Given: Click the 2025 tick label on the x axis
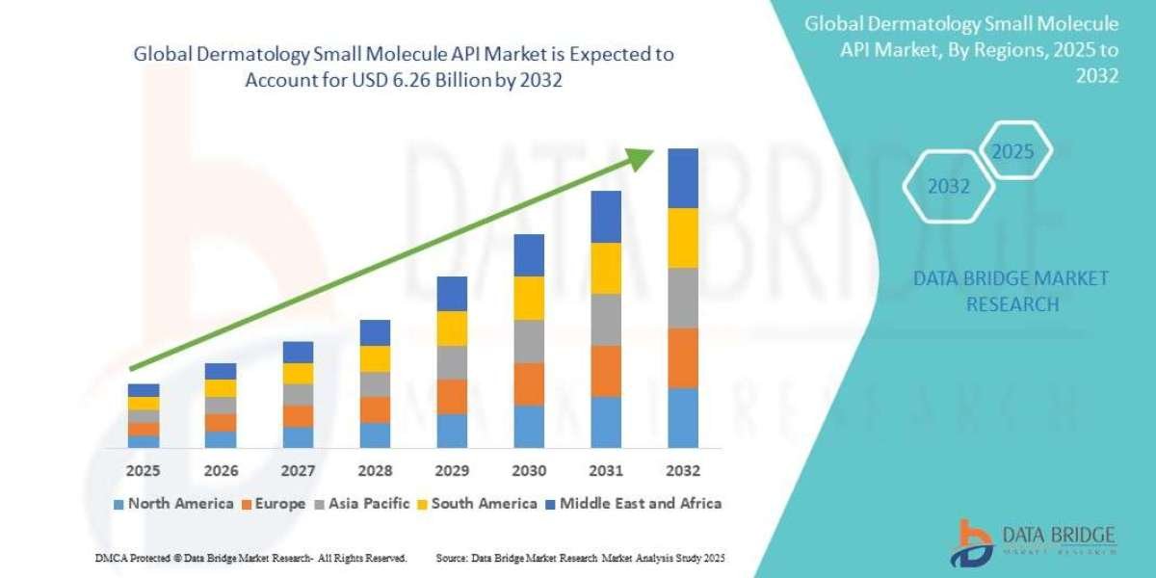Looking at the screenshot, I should coord(144,471).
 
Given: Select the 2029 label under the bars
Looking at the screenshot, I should coord(452,471).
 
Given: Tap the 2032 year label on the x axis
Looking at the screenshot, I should coord(682,471).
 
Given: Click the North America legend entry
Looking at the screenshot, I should coord(173,503).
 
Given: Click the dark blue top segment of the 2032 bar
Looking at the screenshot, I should coord(682,178).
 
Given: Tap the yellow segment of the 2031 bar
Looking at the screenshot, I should coord(606,268).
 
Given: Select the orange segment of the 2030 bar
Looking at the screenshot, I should coord(529,383).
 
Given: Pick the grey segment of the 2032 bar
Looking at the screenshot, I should coord(682,298).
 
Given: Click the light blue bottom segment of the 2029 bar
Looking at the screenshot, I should coord(452,431).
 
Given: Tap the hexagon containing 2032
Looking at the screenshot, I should coord(949,187).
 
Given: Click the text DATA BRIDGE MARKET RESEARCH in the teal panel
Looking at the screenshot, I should coord(1011,291).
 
